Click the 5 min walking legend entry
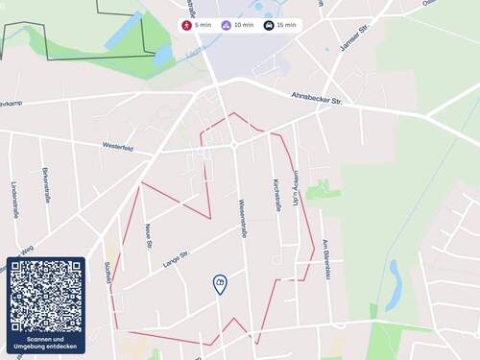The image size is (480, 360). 197,25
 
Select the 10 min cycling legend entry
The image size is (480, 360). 238,25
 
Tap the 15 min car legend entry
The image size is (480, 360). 280,25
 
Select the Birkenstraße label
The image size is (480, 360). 46,185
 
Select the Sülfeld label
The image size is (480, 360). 107,272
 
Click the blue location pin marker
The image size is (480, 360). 220,283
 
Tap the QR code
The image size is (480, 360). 46,296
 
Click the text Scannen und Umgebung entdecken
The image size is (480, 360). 46,343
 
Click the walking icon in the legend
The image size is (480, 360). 187,25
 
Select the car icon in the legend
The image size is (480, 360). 269,25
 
